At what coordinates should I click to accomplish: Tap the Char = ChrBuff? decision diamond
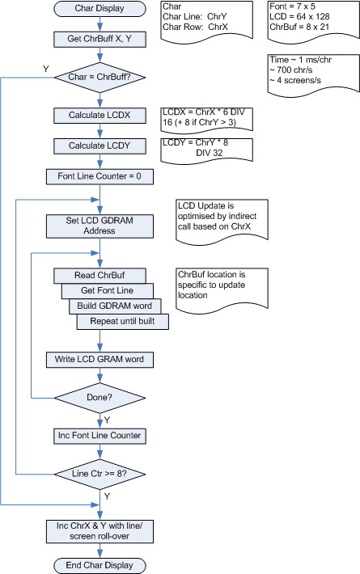(x=100, y=79)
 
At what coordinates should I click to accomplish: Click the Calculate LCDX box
(x=100, y=116)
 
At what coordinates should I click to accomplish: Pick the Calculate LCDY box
(x=100, y=146)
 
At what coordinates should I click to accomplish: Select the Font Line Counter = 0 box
(x=100, y=175)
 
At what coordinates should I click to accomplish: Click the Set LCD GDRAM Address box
(x=100, y=225)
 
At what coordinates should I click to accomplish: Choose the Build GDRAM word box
(x=114, y=306)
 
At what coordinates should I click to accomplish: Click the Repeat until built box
(x=124, y=322)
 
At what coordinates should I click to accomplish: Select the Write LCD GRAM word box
(x=100, y=358)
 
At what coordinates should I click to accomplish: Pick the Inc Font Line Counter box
(x=100, y=437)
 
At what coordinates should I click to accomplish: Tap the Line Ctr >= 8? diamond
(x=100, y=475)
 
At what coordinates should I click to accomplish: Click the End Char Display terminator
(x=100, y=564)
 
